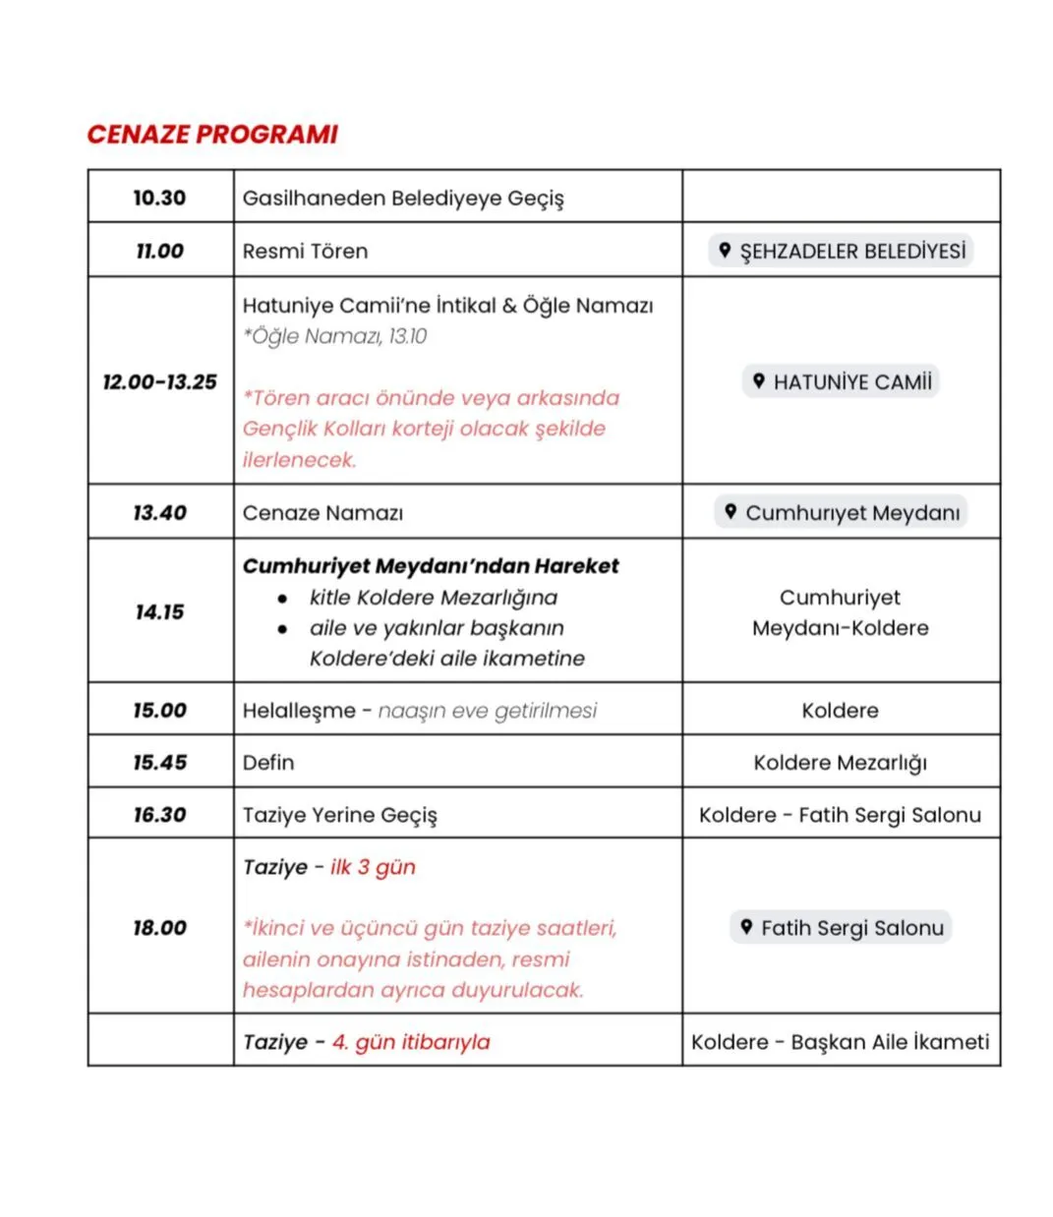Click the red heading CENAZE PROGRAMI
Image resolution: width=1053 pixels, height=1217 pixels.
coord(212,135)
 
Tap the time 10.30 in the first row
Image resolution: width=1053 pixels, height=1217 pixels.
coord(159,198)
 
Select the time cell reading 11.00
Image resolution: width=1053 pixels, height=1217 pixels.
coord(159,251)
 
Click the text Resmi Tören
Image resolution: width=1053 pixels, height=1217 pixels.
coord(305,251)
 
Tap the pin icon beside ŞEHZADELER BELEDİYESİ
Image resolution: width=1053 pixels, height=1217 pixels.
coord(725,251)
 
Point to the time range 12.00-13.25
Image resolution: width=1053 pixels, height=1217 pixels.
coord(159,381)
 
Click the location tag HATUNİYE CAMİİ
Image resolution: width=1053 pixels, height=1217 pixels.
coord(841,381)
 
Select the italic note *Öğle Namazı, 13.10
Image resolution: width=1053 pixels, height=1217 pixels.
coord(334,336)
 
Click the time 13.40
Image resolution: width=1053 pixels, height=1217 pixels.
coord(159,512)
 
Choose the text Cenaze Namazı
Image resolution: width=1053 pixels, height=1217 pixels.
coord(322,513)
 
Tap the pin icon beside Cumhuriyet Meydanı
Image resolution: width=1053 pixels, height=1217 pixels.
coord(731,511)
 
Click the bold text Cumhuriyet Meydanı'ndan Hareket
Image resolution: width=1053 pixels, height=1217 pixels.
coord(431,566)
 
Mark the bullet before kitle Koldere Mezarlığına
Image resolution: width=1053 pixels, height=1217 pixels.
coord(283,598)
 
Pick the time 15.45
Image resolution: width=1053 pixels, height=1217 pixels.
coord(159,762)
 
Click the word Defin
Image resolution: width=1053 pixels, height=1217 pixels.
coord(268,762)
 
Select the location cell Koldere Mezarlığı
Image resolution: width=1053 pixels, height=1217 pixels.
coord(840,763)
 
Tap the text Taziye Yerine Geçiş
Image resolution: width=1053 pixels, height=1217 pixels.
coord(339,815)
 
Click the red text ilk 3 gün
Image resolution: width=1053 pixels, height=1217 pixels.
coord(373,867)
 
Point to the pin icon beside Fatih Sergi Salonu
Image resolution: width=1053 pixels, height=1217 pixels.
coord(746,926)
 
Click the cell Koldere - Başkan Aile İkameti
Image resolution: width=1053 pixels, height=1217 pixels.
coord(840,1042)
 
